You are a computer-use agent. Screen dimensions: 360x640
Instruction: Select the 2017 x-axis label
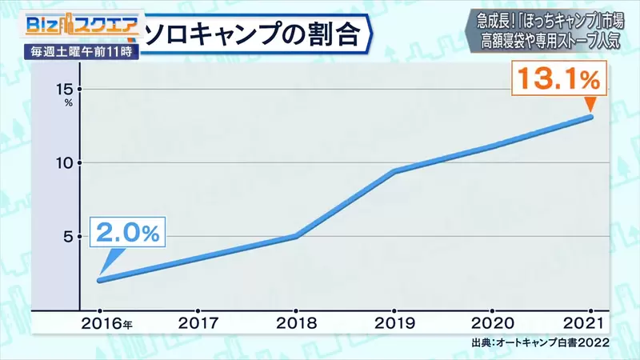pos(198,324)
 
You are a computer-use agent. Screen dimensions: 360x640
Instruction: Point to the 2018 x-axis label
pos(297,324)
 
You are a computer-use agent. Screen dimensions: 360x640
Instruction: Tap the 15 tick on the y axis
pos(65,89)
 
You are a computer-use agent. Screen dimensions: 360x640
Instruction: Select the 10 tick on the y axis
pos(65,163)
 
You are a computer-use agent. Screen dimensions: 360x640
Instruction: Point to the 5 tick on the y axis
pos(69,237)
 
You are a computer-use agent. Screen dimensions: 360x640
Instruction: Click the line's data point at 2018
pos(297,236)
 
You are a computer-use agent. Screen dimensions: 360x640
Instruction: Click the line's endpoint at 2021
pos(591,117)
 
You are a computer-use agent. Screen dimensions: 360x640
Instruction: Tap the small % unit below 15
pos(69,103)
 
